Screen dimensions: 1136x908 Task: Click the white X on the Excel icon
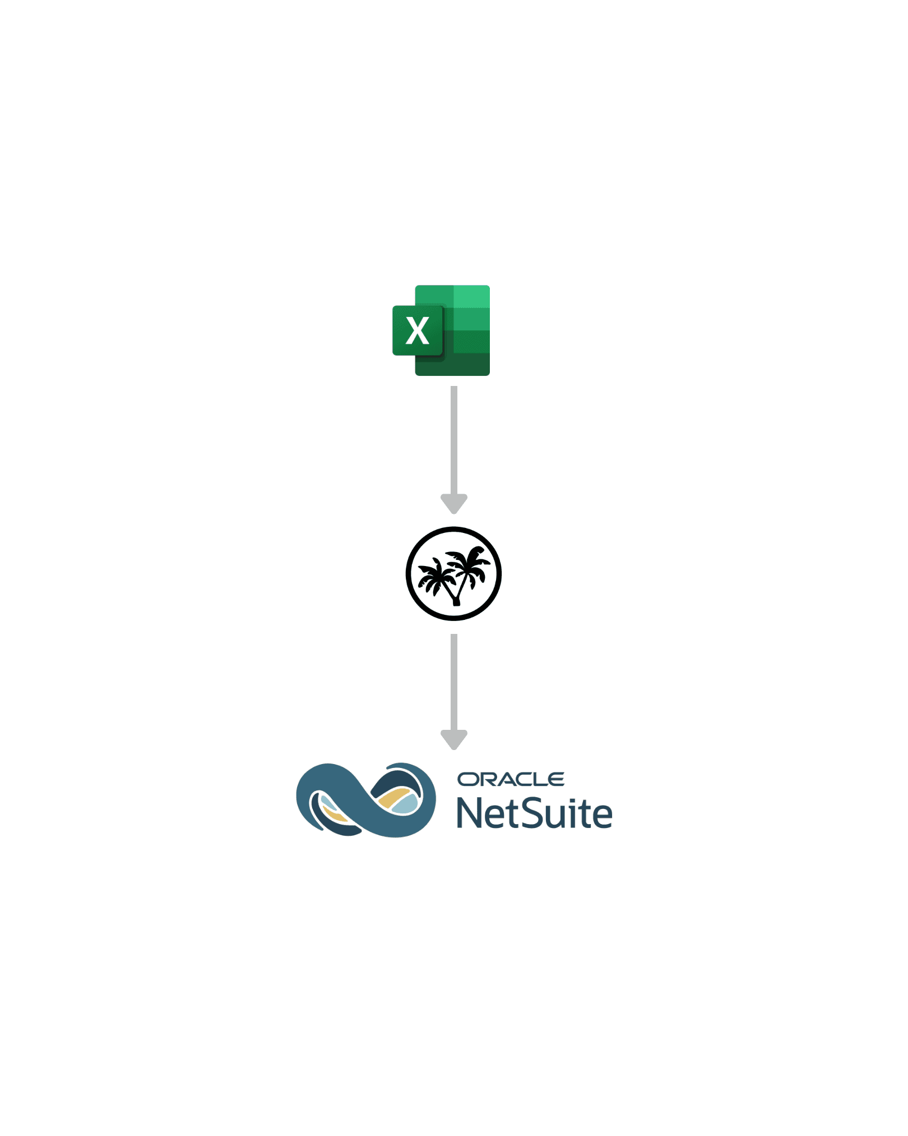click(417, 330)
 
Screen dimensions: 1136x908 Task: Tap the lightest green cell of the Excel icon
click(471, 297)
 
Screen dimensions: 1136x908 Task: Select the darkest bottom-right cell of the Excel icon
click(471, 364)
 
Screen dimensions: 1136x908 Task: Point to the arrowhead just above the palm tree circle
click(454, 503)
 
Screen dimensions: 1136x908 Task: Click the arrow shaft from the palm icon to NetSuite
click(454, 682)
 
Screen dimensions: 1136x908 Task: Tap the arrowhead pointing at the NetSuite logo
click(454, 739)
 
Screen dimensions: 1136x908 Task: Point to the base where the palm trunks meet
click(456, 601)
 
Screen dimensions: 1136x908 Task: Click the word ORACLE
click(511, 779)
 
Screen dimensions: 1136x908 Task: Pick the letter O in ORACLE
click(467, 779)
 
